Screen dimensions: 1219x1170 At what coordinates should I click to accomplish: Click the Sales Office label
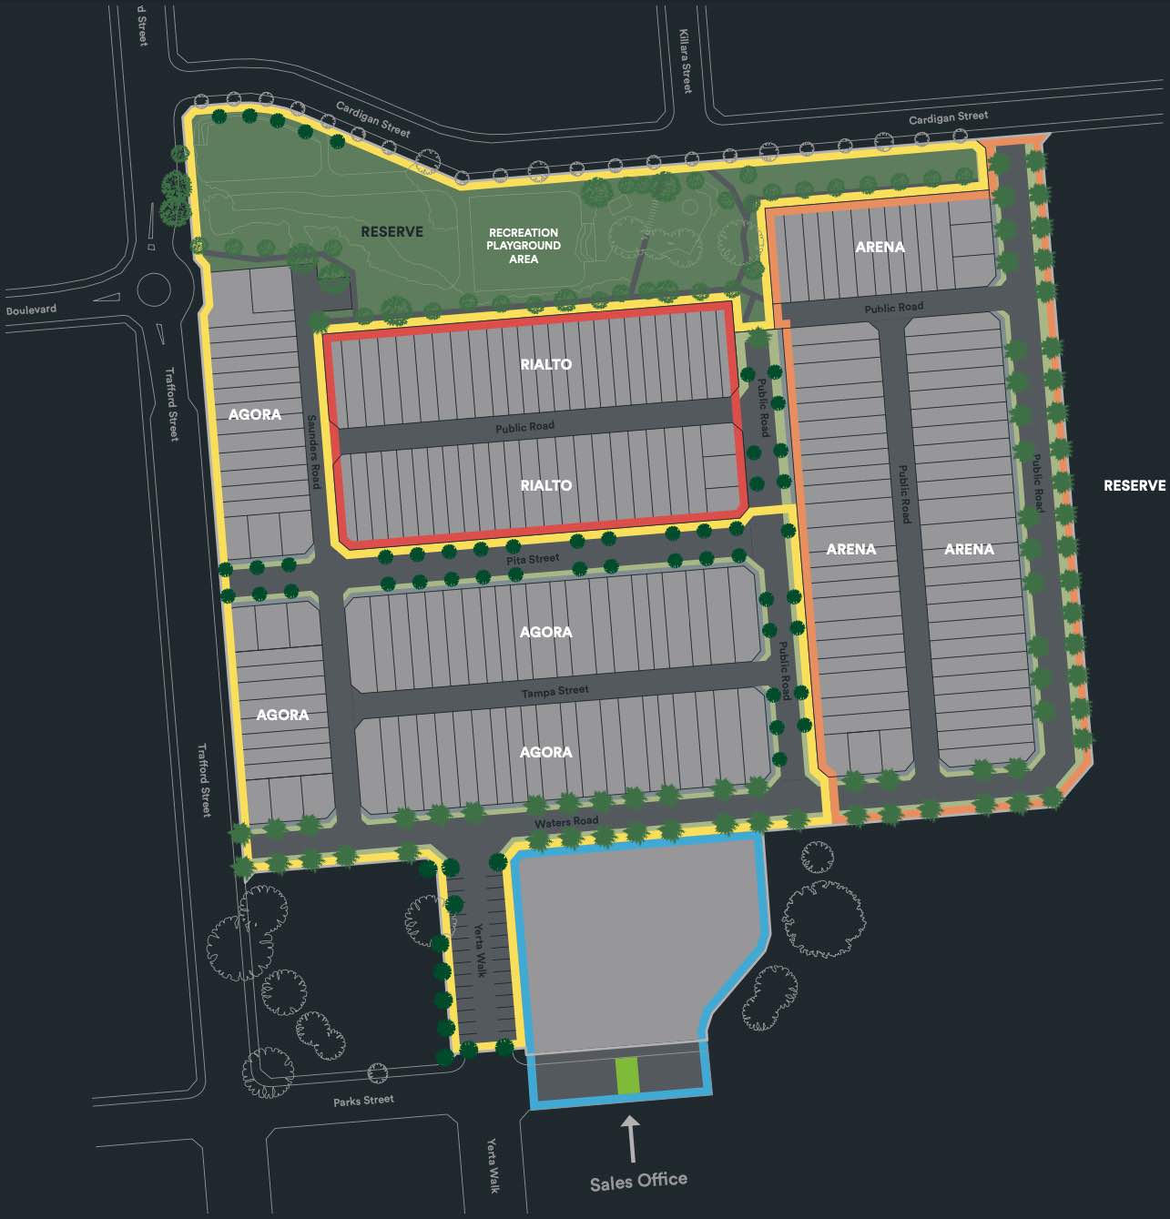tap(637, 1182)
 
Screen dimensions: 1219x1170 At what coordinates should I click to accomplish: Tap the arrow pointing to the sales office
tap(629, 1138)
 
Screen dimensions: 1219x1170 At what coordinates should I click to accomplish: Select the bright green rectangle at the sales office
tap(627, 1075)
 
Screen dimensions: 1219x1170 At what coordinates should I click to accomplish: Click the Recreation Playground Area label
tap(524, 246)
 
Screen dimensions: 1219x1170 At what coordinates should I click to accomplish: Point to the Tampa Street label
tap(554, 692)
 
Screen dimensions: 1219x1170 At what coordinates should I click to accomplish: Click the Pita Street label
tap(533, 559)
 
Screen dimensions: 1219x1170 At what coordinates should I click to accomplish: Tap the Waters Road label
tap(566, 822)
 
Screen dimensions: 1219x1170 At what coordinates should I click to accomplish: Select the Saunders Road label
tap(313, 452)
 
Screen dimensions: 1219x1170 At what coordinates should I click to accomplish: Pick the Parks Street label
tap(363, 1101)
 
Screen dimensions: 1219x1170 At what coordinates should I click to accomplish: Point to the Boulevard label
tap(31, 310)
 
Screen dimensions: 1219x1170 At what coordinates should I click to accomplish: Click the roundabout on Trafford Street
tap(153, 291)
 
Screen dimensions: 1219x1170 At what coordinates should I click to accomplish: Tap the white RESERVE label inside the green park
tap(392, 232)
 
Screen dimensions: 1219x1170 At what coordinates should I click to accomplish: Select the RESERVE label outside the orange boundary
tap(1134, 485)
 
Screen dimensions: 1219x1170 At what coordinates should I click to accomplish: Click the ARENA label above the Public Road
tap(880, 247)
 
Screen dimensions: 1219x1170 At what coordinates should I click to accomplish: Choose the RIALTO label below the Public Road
tap(546, 485)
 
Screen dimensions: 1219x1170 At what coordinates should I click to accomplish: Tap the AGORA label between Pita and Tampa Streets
tap(545, 632)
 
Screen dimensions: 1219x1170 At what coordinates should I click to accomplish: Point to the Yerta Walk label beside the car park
tap(479, 950)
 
